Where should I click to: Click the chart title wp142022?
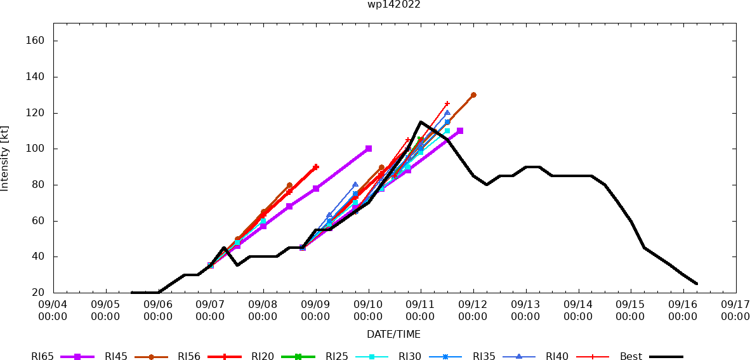pyautogui.click(x=393, y=4)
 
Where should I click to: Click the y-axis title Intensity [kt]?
pyautogui.click(x=5, y=159)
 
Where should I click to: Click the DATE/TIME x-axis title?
pyautogui.click(x=393, y=334)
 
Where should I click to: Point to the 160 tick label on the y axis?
pyautogui.click(x=35, y=41)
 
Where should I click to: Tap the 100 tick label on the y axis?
pyautogui.click(x=35, y=149)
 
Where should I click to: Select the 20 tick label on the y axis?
pyautogui.click(x=37, y=293)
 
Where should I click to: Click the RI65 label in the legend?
pyautogui.click(x=43, y=357)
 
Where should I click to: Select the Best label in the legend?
pyautogui.click(x=631, y=357)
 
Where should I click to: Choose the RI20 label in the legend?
pyautogui.click(x=263, y=357)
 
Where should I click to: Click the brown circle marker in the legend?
pyautogui.click(x=151, y=357)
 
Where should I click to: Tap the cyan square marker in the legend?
pyautogui.click(x=372, y=357)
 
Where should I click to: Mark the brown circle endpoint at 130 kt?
pyautogui.click(x=473, y=95)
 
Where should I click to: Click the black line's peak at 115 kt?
pyautogui.click(x=421, y=122)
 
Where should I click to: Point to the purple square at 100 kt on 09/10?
pyautogui.click(x=369, y=149)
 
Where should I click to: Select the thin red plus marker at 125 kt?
pyautogui.click(x=447, y=103)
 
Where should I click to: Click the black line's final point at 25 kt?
pyautogui.click(x=697, y=284)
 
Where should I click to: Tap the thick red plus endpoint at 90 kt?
pyautogui.click(x=316, y=167)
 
